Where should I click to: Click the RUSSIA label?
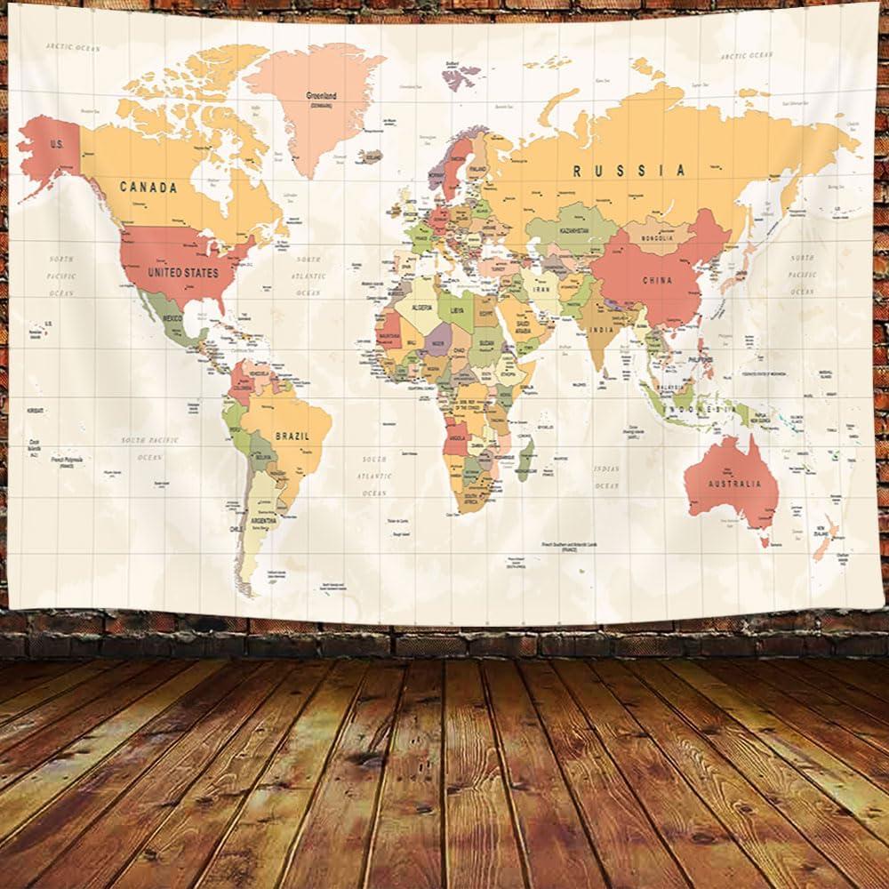pos(629,171)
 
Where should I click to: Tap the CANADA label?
pos(148,188)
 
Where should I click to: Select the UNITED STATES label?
pos(183,272)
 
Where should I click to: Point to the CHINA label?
pos(657,280)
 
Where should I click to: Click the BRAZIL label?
pos(292,436)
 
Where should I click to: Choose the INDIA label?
pos(601,330)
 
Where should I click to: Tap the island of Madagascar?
pos(525,459)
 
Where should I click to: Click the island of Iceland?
pos(371,156)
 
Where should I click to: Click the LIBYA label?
pos(457,311)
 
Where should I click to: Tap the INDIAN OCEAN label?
pos(606,477)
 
